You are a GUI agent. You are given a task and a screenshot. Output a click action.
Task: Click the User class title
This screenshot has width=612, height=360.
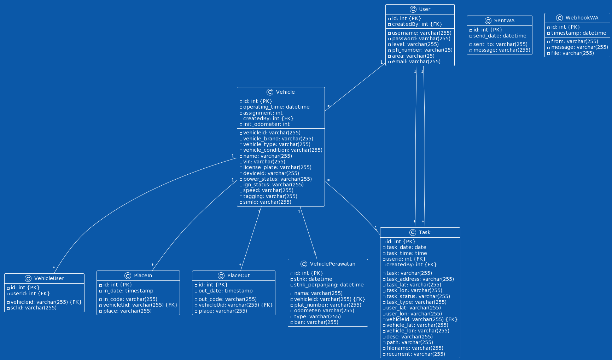tap(424, 10)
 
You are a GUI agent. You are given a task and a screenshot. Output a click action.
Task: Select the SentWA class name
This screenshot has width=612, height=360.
tap(504, 21)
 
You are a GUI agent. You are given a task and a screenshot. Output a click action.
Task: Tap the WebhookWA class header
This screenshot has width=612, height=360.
tap(582, 18)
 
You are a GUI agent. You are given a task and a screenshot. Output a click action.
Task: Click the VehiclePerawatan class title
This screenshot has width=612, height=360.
tap(332, 264)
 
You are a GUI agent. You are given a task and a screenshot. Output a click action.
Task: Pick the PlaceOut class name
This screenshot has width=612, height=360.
tap(238, 276)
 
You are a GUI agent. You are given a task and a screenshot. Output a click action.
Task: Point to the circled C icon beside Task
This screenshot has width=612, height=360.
tap(413, 232)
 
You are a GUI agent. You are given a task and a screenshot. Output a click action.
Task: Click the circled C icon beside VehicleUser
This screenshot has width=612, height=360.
tap(28, 278)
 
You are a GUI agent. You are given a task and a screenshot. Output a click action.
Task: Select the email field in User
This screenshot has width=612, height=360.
tap(416, 62)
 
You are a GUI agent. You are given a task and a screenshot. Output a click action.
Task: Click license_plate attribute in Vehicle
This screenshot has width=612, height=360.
tap(277, 168)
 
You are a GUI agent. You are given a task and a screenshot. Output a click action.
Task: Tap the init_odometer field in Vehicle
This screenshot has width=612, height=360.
tap(266, 124)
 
